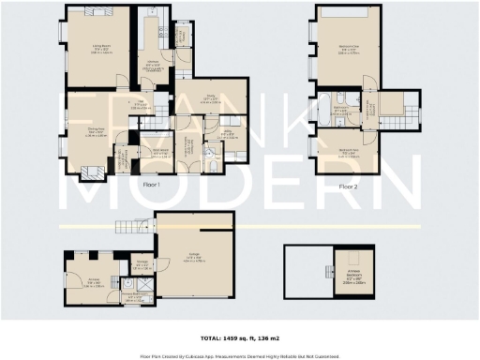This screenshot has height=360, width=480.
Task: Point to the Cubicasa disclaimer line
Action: [239, 355]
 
